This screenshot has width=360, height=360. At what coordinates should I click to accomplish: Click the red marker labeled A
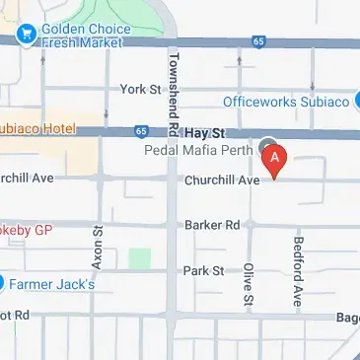coord(277,158)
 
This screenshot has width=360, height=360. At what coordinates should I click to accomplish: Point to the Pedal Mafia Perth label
coord(200,150)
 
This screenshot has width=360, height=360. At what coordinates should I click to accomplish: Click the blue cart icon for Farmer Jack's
coord(3,283)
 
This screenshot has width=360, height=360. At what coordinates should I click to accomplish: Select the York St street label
coord(140,89)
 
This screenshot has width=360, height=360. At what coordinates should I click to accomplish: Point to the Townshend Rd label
coord(174,93)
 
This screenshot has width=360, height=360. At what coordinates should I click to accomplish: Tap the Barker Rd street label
coord(212,225)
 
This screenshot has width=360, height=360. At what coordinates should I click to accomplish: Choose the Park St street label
coord(203,270)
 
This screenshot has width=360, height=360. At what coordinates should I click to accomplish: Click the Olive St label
coord(249,284)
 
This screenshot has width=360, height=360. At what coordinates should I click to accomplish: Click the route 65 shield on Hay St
coord(141,130)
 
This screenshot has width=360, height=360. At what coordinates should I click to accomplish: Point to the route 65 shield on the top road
coord(258,42)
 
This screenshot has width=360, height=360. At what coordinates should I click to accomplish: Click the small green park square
coord(140,259)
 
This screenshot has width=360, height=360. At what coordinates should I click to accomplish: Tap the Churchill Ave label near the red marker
coord(222,180)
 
